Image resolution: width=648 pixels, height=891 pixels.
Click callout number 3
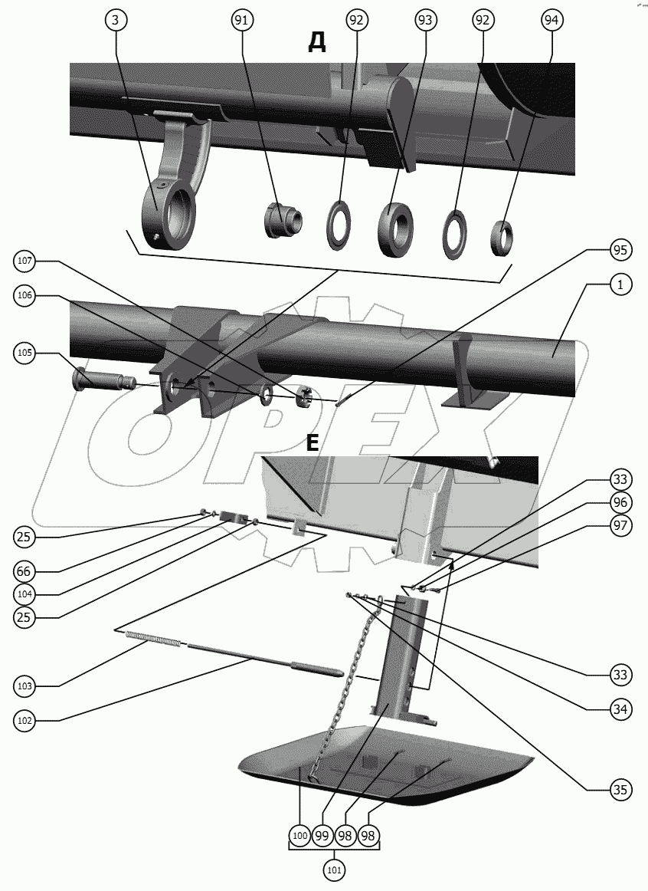coord(116,21)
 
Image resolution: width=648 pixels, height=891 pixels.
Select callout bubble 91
coord(242,21)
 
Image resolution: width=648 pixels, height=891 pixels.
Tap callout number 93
coord(424,21)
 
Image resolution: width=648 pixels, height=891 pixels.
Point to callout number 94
coord(551,21)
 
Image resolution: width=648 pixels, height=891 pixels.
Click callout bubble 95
coord(620,250)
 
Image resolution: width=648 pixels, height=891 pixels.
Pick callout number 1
coord(620,284)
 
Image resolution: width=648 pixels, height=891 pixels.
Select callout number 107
coord(25,261)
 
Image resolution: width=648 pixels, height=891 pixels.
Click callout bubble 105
coord(25,353)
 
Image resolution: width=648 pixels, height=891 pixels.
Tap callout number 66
coord(25,571)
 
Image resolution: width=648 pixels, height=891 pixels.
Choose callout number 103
coord(25,686)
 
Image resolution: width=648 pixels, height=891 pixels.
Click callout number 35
coord(620,789)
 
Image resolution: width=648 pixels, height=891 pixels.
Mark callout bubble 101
coord(334,870)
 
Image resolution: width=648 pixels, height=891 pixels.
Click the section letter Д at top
coord(317,42)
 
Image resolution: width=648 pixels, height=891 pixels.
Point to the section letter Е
coord(312,442)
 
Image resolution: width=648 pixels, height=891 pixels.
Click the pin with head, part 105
coord(102,379)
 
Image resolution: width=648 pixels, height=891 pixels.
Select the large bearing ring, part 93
coord(395,229)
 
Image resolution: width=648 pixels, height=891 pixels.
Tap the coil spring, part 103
coord(154,639)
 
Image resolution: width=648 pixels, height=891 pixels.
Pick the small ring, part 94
coord(502,238)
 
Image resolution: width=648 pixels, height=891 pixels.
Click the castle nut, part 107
coord(306,396)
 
